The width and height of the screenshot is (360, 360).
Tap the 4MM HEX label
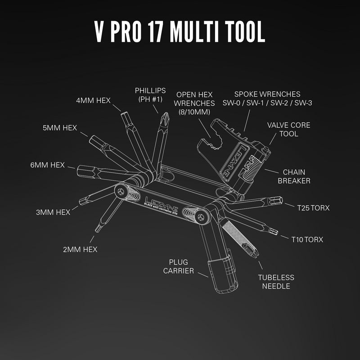[x=93, y=100]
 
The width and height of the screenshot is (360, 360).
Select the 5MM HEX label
[x=60, y=128]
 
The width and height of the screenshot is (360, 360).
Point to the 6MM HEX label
[x=48, y=165]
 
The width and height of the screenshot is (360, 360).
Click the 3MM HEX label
[x=53, y=212]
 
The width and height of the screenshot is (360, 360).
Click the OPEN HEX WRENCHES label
[x=194, y=103]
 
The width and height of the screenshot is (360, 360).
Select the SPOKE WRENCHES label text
[x=267, y=98]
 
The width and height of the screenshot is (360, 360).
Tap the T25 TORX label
[x=313, y=208]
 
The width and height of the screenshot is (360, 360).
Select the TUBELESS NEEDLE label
[x=276, y=282]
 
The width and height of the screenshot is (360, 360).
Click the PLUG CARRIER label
[x=181, y=266]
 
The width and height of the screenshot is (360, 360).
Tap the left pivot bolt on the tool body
[x=120, y=191]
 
